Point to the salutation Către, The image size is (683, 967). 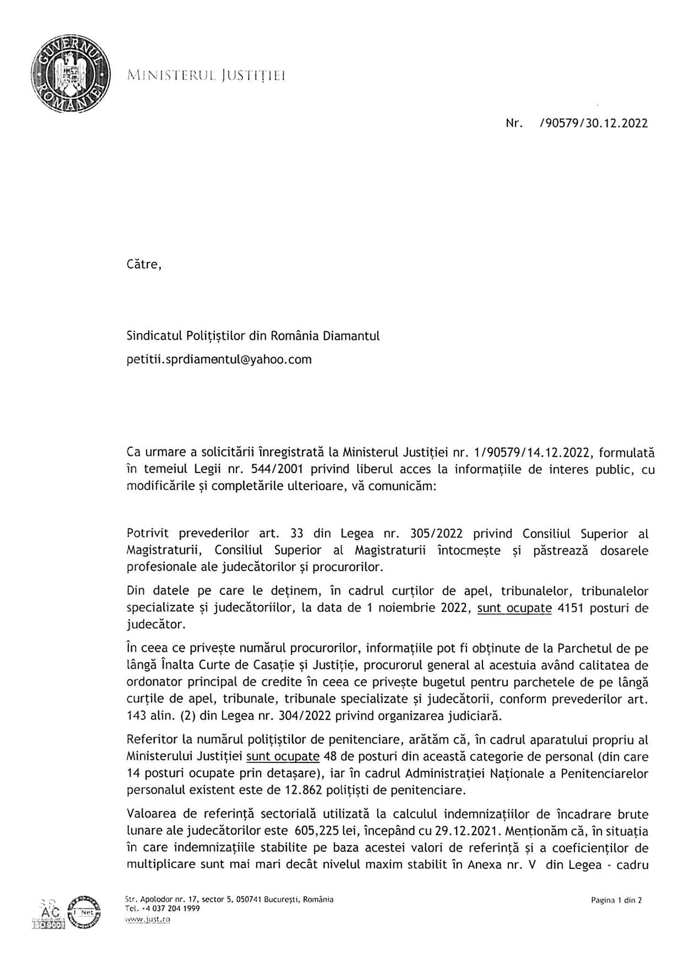pos(144,264)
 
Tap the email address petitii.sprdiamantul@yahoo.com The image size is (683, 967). pos(219,360)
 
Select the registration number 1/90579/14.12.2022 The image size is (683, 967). pos(534,453)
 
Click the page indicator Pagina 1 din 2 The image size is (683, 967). pos(616,900)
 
